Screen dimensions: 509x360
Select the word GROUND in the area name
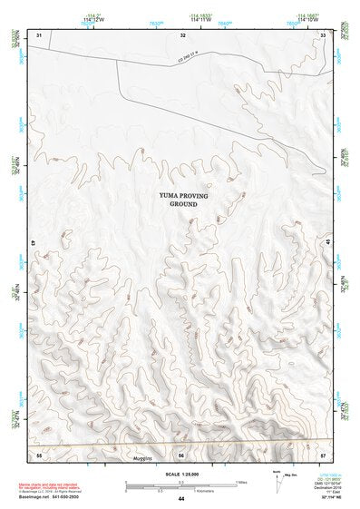coord(182,204)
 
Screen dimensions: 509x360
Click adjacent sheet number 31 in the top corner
coord(38,34)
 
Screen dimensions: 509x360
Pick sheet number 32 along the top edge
coord(182,34)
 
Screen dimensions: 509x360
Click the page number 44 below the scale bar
coord(181,499)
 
